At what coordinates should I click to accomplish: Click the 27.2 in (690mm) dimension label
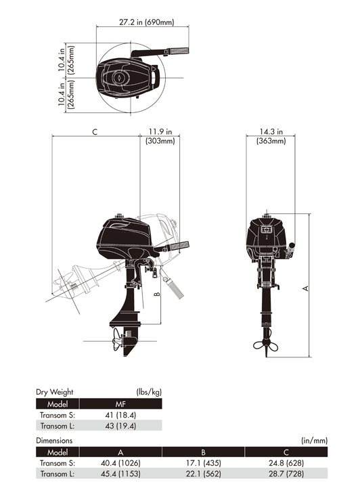[x=147, y=22]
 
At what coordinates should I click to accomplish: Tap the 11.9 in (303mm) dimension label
[x=160, y=136]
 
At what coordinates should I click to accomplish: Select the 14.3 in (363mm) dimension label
[x=271, y=136]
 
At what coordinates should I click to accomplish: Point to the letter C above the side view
[x=95, y=132]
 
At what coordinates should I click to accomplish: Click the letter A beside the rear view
[x=305, y=288]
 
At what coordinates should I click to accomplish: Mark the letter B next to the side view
[x=157, y=294]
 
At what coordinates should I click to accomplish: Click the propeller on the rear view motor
[x=266, y=345]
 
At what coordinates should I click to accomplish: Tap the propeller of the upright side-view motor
[x=117, y=339]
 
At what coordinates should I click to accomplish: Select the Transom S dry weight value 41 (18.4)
[x=120, y=415]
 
